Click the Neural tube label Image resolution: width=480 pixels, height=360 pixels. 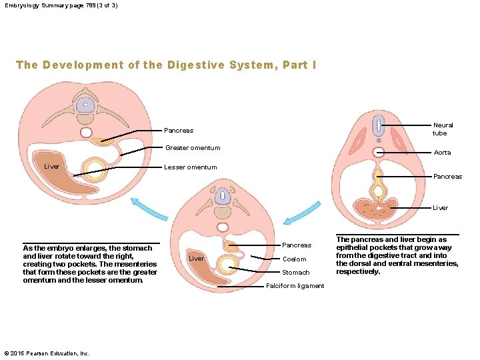443,129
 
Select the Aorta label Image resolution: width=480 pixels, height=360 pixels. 442,153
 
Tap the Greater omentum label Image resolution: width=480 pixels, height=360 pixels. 192,148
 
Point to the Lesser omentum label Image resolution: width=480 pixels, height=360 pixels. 190,167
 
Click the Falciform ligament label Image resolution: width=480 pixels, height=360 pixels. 295,286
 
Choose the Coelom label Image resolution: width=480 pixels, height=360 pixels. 295,259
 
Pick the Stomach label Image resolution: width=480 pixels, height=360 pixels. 296,273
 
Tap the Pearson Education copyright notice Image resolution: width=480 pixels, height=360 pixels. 47,353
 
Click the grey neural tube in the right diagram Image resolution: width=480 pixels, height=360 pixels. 378,125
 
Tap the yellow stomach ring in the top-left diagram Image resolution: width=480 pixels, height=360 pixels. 95,171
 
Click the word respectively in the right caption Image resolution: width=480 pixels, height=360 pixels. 358,272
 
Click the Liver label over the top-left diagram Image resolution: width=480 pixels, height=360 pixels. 52,166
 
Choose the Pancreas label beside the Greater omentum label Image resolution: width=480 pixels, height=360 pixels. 179,131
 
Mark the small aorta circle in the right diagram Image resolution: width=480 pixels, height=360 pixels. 379,153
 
